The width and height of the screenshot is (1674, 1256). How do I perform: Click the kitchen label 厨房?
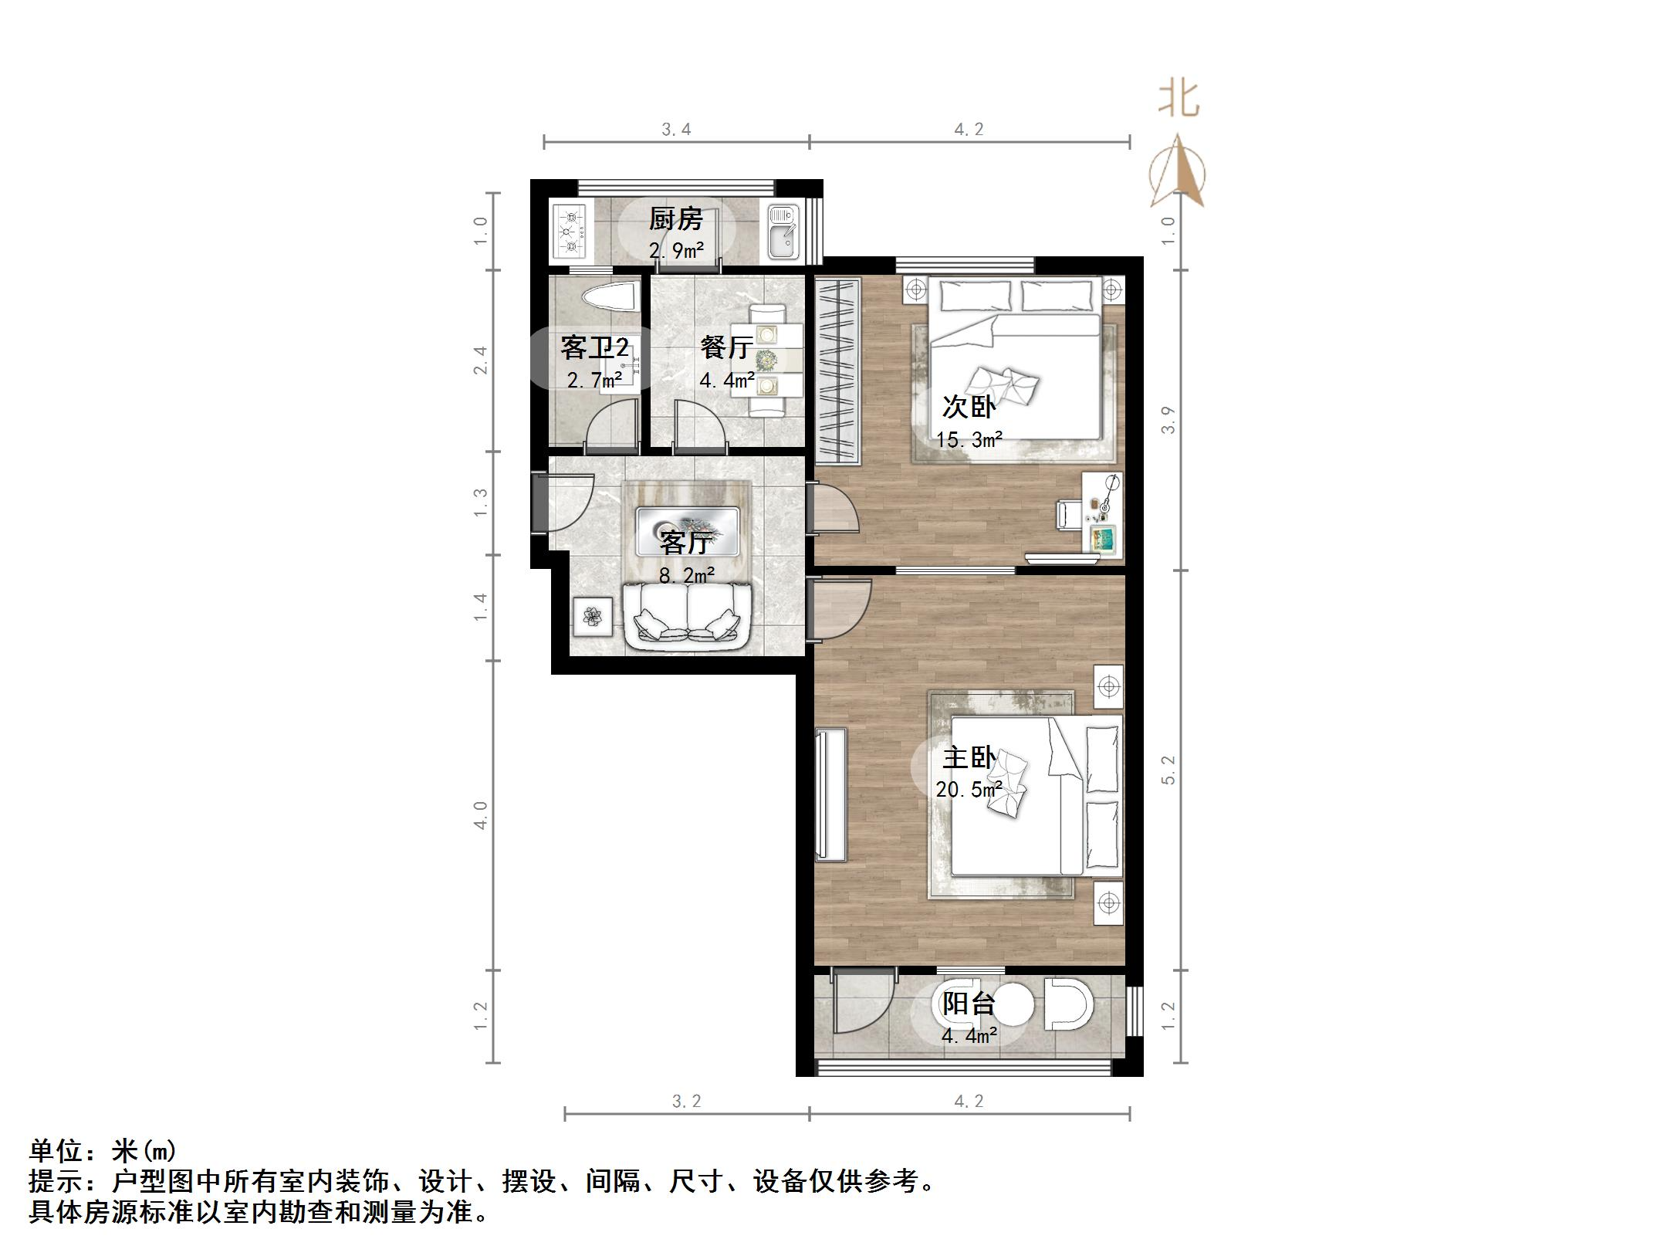[x=675, y=219]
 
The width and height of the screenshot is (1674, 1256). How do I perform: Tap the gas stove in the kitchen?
[x=570, y=229]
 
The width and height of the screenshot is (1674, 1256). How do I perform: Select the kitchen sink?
[x=784, y=230]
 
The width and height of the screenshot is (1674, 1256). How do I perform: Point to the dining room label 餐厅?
[x=725, y=347]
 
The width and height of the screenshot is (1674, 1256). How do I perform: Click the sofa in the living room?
[x=687, y=614]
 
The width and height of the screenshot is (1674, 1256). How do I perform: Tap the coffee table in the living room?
[x=687, y=530]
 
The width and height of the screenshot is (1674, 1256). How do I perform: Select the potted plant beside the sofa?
[x=593, y=616]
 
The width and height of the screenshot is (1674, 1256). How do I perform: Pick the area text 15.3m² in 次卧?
[x=969, y=440]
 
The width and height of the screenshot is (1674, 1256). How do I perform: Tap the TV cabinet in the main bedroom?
[x=831, y=794]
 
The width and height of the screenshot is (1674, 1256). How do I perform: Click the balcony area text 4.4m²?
[x=969, y=1035]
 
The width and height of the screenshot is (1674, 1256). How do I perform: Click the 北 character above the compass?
[x=1179, y=100]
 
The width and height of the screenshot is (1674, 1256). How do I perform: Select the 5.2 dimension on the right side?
[x=1168, y=770]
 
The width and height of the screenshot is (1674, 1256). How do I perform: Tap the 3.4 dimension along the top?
[x=676, y=129]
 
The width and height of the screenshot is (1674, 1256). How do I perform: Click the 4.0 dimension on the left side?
[x=480, y=815]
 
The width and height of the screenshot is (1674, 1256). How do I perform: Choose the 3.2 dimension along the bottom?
[x=686, y=1102]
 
